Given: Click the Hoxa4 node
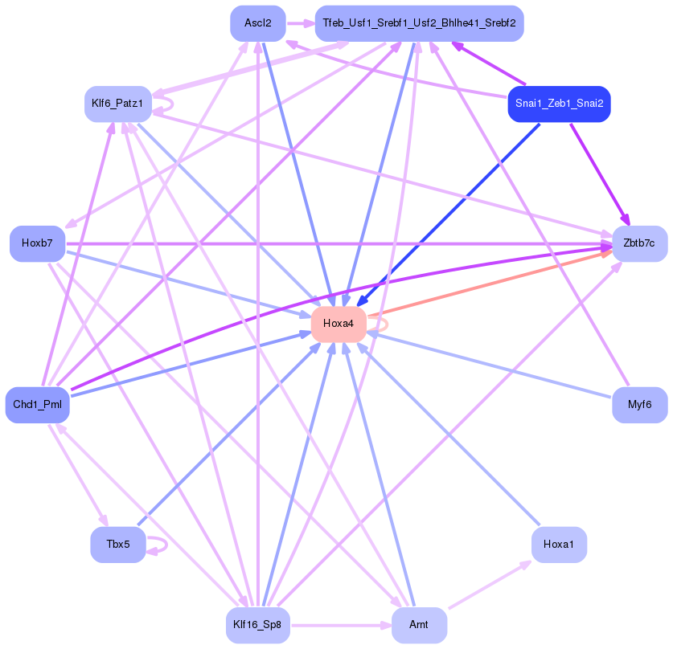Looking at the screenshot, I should [x=339, y=324].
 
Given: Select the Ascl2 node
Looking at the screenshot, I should [x=257, y=23].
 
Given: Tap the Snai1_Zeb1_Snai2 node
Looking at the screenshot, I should [x=559, y=104].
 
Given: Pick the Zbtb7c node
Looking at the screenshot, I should [x=639, y=243].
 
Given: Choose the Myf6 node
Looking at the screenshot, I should [x=639, y=406].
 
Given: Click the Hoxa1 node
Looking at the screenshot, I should [x=559, y=545].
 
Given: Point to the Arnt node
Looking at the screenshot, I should [x=419, y=625].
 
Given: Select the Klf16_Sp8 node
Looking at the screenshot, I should [x=257, y=625].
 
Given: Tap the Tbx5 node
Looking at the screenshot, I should [x=117, y=545].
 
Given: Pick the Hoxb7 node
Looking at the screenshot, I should [x=37, y=243].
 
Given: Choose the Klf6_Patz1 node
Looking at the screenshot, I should [x=117, y=104].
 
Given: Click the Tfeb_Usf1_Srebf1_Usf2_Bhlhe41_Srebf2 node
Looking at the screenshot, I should [x=419, y=23].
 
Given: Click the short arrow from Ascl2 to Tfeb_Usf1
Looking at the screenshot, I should [x=300, y=23].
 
